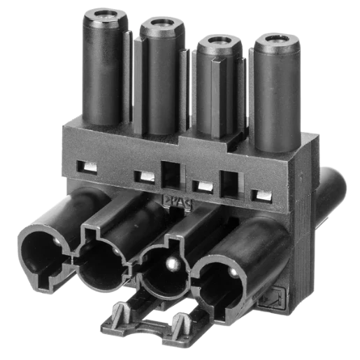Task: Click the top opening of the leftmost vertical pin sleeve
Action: pyautogui.click(x=108, y=16)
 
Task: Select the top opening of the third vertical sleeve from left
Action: pyautogui.click(x=217, y=41)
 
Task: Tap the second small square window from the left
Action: pyautogui.click(x=144, y=176)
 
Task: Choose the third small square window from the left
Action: pyautogui.click(x=202, y=187)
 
